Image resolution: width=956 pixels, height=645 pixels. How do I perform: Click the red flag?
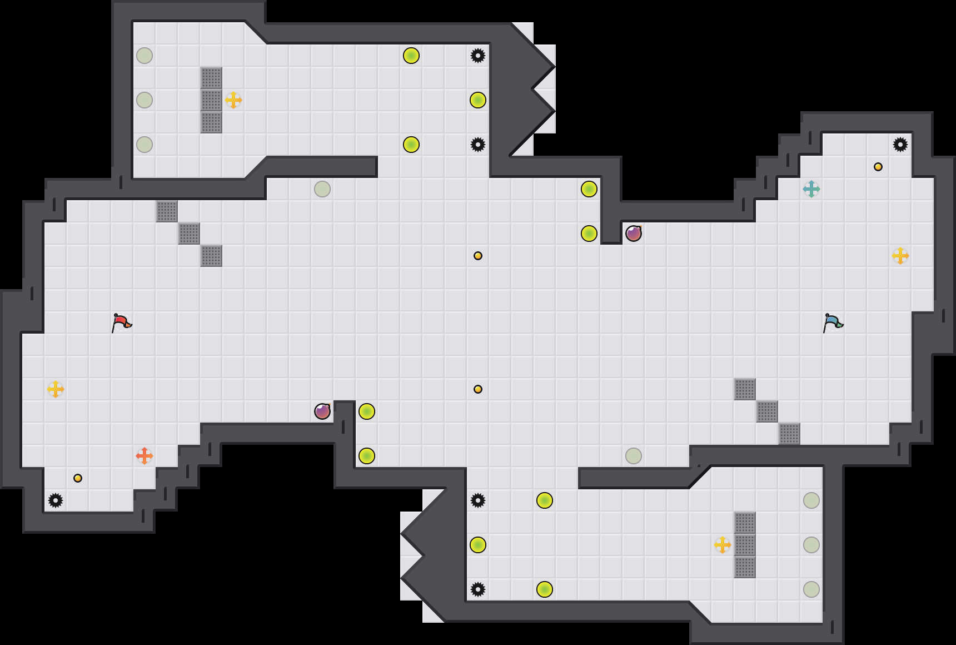point(121,322)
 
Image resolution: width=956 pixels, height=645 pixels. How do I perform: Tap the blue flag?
point(833,322)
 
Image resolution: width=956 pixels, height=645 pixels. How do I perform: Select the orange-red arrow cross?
point(145,456)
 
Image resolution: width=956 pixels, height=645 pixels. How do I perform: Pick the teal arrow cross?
point(811,189)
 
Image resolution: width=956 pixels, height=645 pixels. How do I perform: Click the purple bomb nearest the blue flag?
point(634,234)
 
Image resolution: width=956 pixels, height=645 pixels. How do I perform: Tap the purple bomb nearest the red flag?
point(322,411)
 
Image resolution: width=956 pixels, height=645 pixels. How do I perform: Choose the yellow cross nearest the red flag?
point(56,389)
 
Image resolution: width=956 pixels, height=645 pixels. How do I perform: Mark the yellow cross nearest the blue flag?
point(900,256)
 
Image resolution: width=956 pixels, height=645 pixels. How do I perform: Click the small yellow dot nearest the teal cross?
point(878,167)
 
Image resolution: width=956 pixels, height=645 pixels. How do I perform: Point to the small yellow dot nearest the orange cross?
point(78,478)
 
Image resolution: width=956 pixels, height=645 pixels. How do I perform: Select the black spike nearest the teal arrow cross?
point(900,145)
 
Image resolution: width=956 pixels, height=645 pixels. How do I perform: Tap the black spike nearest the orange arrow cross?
point(56,500)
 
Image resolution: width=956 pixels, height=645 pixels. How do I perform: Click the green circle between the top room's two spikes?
point(478,100)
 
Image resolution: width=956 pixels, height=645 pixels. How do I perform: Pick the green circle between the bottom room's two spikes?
point(478,545)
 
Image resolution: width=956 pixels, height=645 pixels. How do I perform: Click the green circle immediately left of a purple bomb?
point(589,234)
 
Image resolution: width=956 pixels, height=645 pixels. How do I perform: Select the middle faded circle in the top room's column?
point(145,100)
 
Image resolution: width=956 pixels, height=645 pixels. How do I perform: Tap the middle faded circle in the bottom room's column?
point(811,545)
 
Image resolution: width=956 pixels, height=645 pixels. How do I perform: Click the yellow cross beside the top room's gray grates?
point(233,100)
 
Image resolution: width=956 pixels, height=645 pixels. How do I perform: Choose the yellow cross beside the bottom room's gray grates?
point(723,545)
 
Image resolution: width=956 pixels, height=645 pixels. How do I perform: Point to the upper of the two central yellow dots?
point(478,256)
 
